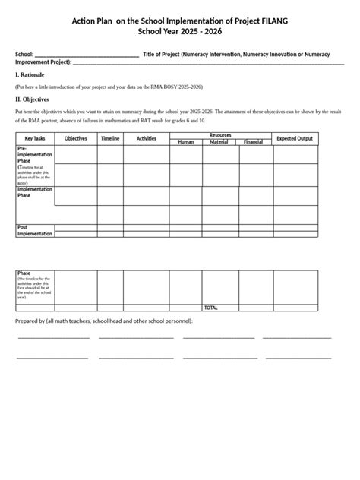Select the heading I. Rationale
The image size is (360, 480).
(31, 74)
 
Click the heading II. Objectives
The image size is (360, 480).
(33, 99)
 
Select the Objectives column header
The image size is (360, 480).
(76, 138)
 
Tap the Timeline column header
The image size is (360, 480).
(110, 138)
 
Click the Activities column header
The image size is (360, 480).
(147, 138)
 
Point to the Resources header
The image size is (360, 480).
(220, 135)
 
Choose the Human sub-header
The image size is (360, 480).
(186, 142)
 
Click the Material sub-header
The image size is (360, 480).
(219, 142)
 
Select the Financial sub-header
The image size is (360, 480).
(253, 142)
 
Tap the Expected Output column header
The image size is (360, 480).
(294, 138)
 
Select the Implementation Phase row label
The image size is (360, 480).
(34, 192)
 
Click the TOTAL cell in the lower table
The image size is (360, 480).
(210, 308)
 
